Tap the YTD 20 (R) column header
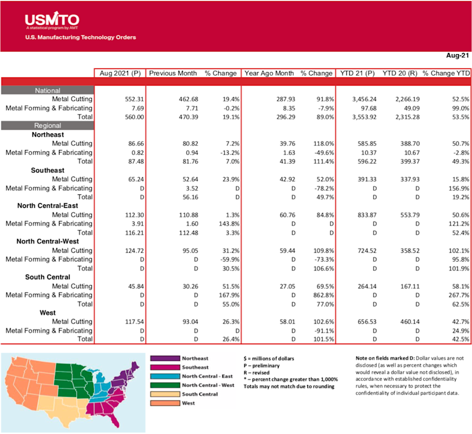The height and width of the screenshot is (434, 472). [401, 73]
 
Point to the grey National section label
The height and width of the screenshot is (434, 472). [47, 90]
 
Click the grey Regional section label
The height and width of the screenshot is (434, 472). [48, 125]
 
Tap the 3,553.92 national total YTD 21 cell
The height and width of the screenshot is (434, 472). [355, 117]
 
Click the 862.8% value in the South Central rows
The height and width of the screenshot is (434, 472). [319, 295]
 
